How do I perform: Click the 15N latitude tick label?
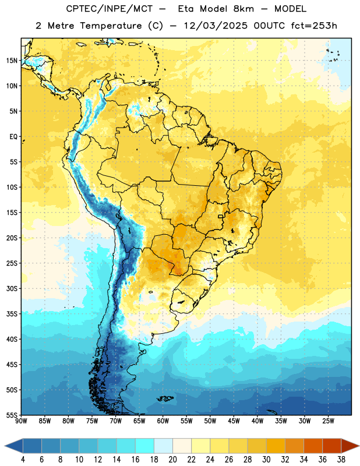click(12, 61)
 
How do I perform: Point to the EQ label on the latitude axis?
click(13, 137)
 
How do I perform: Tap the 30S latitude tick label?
click(12, 288)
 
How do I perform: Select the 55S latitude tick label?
click(12, 415)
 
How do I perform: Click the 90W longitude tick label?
click(21, 421)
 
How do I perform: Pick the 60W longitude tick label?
click(163, 421)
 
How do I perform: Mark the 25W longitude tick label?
click(328, 421)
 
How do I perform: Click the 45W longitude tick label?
click(234, 421)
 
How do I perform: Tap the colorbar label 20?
click(172, 460)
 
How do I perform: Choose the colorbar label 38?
click(341, 460)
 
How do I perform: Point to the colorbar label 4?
click(23, 460)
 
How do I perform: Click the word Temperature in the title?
click(111, 26)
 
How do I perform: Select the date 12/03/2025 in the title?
click(215, 26)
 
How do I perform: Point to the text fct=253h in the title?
click(314, 26)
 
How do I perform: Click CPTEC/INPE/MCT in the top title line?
click(109, 9)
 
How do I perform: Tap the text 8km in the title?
click(243, 9)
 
